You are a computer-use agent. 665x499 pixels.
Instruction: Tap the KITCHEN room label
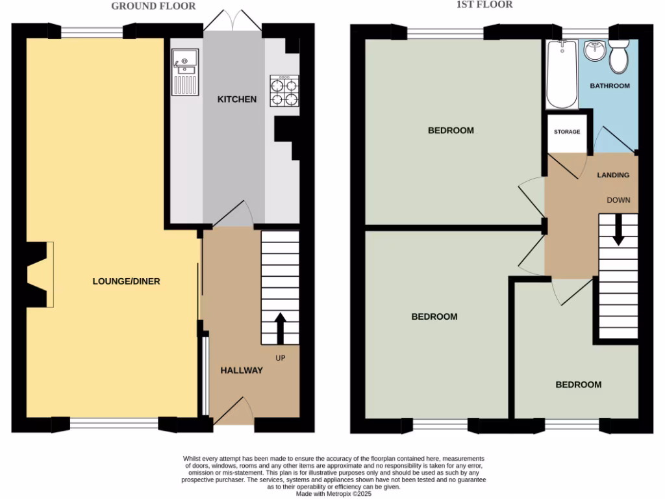pos(236,99)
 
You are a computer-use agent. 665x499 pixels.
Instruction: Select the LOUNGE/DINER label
pos(126,281)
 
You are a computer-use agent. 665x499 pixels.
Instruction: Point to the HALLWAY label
pos(241,370)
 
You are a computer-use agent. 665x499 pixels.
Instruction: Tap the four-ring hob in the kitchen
pos(284,92)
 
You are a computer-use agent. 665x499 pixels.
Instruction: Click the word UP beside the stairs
pos(281,358)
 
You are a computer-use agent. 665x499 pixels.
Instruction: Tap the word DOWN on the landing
pos(618,200)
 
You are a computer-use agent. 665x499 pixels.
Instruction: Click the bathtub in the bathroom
pos(561,74)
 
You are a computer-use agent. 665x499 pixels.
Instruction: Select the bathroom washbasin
pos(594,50)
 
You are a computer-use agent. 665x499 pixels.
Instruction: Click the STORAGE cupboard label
pos(567,132)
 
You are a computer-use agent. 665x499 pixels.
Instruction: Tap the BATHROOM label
pos(609,86)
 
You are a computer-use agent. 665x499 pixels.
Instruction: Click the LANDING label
pos(613,175)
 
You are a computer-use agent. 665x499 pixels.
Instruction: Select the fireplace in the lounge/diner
pos(38,274)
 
